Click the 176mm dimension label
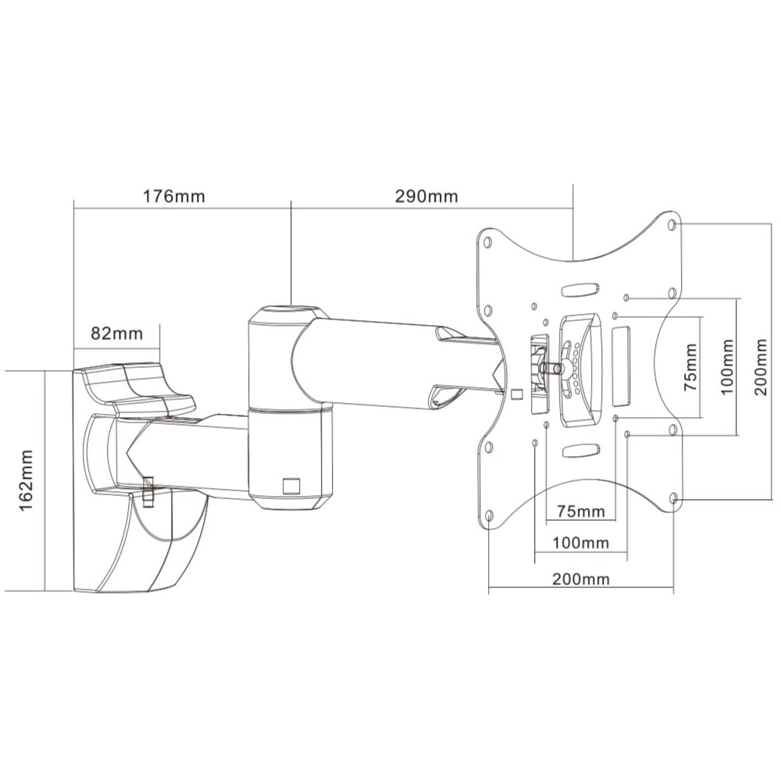point(174,196)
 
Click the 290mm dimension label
point(426,196)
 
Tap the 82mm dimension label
point(116,333)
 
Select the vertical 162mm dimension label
point(26,480)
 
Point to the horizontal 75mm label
point(581,511)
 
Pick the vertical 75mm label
point(690,366)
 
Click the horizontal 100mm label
point(580,543)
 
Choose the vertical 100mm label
point(728,366)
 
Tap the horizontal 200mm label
point(581,579)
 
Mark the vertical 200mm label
point(760,366)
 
